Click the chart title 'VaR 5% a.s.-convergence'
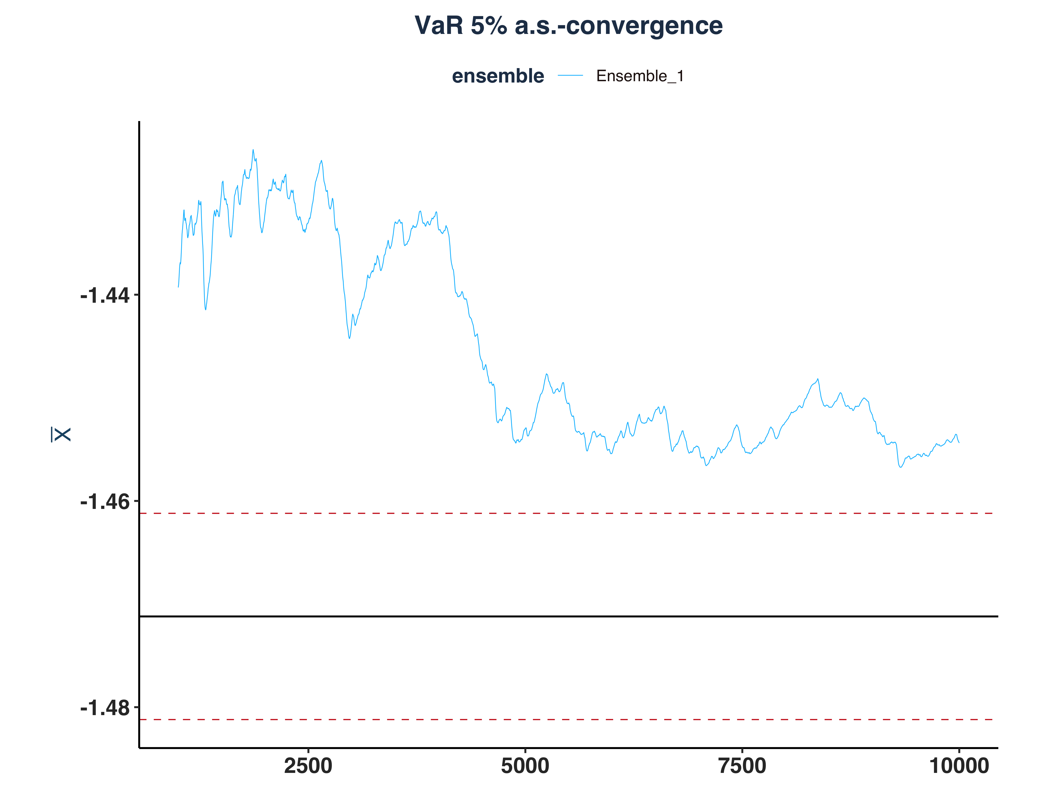click(x=568, y=26)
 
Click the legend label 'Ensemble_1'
click(x=640, y=76)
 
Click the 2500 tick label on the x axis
click(x=308, y=766)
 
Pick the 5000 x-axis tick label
click(x=525, y=766)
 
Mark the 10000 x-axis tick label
click(x=959, y=766)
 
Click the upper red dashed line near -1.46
click(x=570, y=514)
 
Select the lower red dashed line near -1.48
click(x=570, y=720)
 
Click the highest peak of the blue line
click(x=253, y=150)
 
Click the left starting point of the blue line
click(x=178, y=286)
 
